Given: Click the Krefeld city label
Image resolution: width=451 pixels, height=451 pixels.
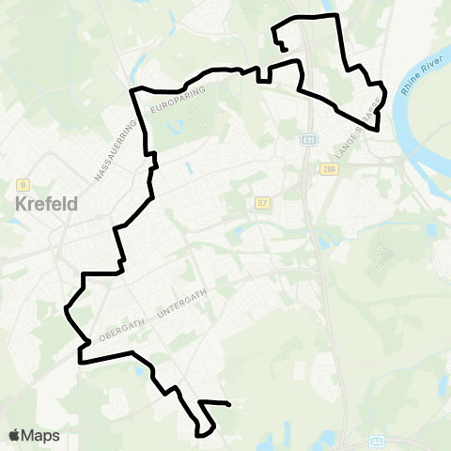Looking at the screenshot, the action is [x=46, y=203].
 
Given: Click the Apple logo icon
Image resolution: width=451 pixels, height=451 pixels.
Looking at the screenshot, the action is [x=15, y=435].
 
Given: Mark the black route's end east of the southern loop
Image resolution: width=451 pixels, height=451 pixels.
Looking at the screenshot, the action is [x=229, y=405].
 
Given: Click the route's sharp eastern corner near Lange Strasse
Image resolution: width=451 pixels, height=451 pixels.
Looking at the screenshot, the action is [x=378, y=130].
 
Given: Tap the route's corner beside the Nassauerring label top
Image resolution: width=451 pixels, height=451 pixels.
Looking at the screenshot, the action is [x=132, y=89].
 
